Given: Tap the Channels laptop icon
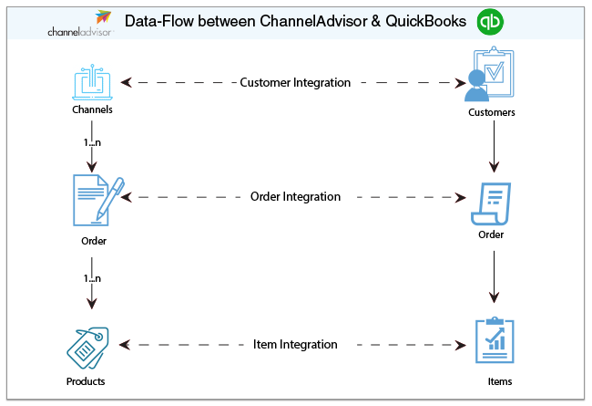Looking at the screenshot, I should point(92,83).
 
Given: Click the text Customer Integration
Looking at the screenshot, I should point(295,82).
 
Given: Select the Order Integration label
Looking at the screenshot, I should point(295,197).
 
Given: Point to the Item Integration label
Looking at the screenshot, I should point(295,345).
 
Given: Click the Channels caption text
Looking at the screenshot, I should point(92,111).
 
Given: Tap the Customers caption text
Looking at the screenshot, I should point(492,114).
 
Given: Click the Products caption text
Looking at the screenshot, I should point(85,381).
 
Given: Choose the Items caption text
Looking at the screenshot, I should point(500,381).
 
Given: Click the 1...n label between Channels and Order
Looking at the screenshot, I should point(92,143).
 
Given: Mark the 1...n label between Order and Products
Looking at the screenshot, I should point(92,278).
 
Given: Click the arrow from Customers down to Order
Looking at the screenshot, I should point(494,146).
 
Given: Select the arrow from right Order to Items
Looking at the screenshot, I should point(494,276).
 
